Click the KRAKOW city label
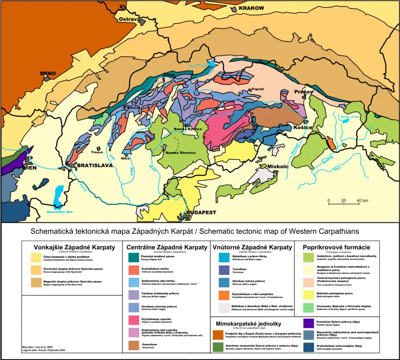pos(251,8)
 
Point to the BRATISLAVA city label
pos(95,165)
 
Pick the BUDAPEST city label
pos(201,212)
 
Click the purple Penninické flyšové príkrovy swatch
pos(309,323)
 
